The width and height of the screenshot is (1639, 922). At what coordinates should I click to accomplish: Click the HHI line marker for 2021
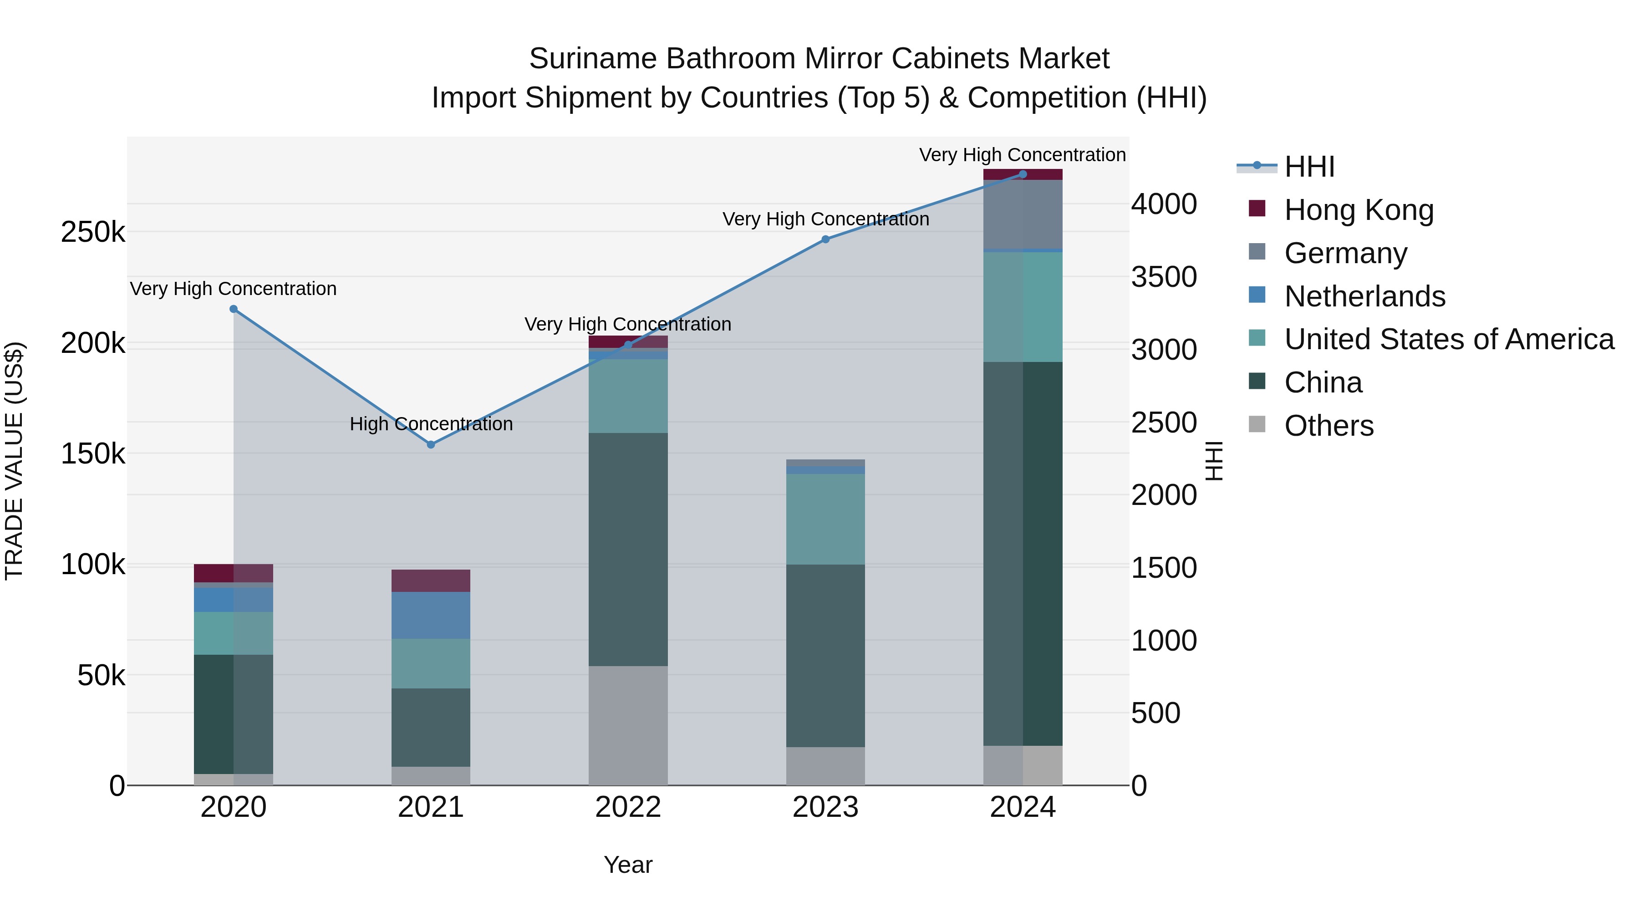pos(431,444)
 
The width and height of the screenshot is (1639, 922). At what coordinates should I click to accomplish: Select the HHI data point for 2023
pos(825,239)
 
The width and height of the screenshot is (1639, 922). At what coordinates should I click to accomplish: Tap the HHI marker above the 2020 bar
pos(234,309)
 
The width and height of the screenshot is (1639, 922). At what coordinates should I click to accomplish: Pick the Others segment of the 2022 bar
pos(628,725)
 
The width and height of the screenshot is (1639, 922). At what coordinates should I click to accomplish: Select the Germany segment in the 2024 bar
pos(1023,214)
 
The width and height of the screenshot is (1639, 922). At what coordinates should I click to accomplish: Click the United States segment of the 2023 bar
pos(825,519)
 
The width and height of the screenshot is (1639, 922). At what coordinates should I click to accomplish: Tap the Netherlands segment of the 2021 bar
pos(431,615)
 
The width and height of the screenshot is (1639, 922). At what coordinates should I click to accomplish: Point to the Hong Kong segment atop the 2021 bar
pos(431,581)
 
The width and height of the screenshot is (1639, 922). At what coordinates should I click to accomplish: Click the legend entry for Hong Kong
pos(1359,210)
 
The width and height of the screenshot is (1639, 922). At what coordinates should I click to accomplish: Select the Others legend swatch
pos(1257,424)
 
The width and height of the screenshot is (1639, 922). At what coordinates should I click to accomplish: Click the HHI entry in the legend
pos(1309,167)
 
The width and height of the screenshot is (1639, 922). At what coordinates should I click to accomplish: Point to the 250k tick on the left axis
pos(93,232)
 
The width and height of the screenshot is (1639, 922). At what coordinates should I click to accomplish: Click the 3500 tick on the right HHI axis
pos(1164,277)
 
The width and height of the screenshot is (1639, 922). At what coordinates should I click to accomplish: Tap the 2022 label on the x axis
pos(628,807)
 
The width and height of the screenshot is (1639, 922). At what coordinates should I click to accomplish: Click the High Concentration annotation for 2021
pos(431,424)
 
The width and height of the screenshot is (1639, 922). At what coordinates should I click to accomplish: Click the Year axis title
pos(628,865)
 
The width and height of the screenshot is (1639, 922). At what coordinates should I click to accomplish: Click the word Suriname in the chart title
pos(593,59)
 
